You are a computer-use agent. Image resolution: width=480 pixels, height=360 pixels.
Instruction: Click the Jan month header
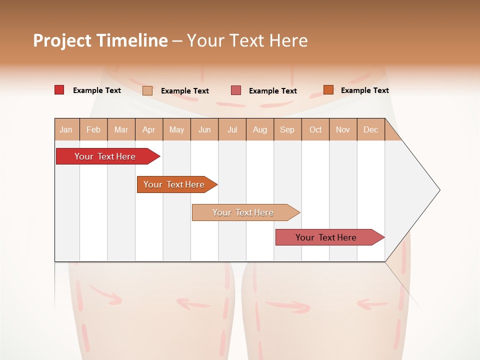tap(66, 129)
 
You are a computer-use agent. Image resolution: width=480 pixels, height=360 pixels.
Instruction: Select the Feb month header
tap(93, 129)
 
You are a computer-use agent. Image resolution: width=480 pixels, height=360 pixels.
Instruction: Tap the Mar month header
tap(121, 129)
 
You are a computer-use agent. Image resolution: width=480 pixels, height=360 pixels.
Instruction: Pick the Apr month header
tap(149, 129)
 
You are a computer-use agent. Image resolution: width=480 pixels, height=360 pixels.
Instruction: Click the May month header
tap(176, 129)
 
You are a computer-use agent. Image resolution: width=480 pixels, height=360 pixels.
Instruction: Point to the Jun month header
tap(204, 129)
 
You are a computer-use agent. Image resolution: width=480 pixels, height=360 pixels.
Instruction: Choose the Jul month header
tap(232, 129)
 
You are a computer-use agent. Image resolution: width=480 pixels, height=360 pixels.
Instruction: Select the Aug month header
tap(260, 129)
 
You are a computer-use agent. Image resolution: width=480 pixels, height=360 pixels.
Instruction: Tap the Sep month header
tap(287, 129)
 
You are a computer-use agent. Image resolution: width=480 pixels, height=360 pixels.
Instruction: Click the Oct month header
tap(315, 129)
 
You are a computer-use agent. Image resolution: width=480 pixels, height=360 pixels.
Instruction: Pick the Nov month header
tap(343, 129)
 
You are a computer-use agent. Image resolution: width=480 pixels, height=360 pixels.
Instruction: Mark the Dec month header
tap(371, 129)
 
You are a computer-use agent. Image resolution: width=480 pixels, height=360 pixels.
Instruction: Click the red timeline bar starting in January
tap(105, 156)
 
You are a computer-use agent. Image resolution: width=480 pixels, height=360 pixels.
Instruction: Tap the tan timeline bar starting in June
tap(243, 212)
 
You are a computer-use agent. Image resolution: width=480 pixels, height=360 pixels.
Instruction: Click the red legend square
tap(59, 90)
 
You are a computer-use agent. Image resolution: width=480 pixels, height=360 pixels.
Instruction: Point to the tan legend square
tap(147, 90)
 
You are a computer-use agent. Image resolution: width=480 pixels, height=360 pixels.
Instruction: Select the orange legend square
tap(328, 90)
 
